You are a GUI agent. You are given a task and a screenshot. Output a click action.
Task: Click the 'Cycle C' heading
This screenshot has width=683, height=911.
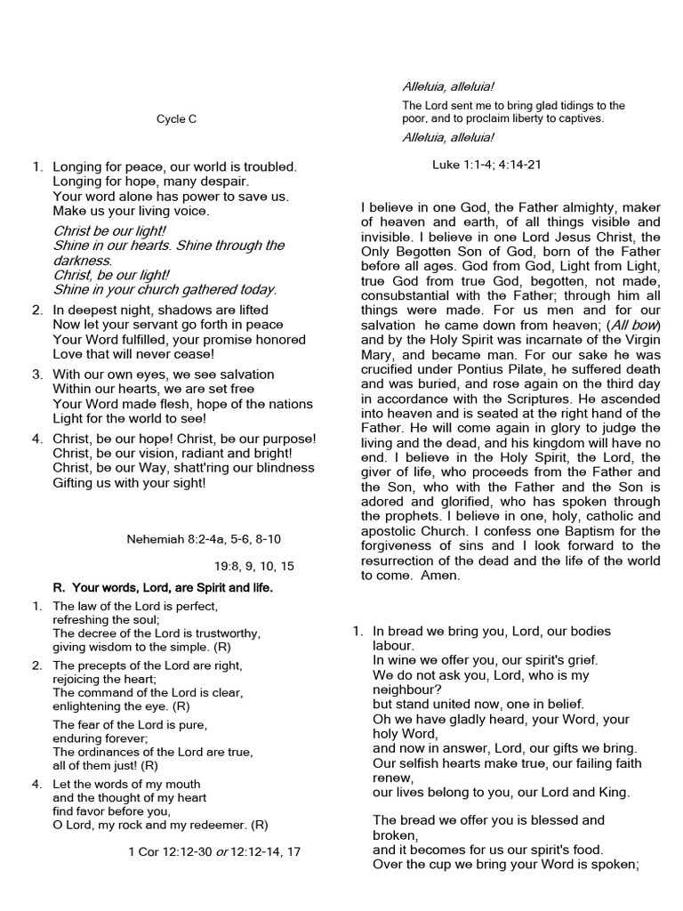(177, 119)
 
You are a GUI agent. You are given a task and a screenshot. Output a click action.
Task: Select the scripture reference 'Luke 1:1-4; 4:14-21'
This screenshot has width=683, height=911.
(486, 165)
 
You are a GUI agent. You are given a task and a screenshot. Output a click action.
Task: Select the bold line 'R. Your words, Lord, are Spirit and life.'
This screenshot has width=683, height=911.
(164, 588)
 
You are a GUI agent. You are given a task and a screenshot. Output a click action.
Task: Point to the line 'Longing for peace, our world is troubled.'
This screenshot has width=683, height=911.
(174, 166)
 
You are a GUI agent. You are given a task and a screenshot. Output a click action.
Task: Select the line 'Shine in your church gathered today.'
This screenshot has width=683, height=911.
(165, 289)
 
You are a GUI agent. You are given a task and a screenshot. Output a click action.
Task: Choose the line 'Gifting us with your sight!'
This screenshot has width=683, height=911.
(129, 482)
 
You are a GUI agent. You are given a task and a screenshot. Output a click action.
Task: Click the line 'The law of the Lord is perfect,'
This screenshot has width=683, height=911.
(129, 606)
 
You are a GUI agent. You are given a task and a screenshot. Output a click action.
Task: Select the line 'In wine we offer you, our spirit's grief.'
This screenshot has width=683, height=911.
(485, 659)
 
